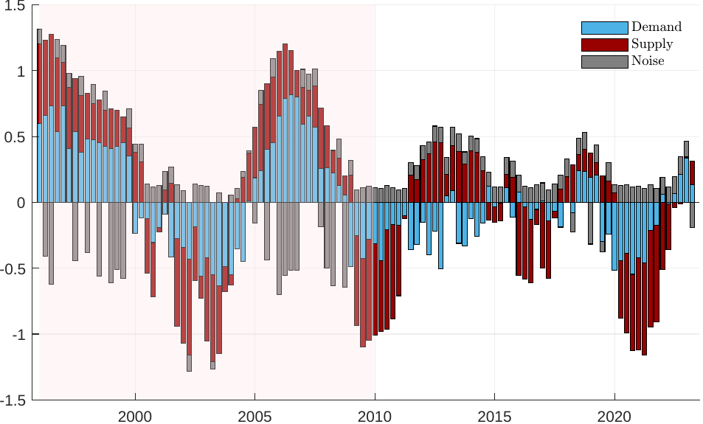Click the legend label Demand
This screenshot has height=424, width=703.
[656, 27]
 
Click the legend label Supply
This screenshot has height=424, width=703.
[652, 44]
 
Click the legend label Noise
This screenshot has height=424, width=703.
[648, 61]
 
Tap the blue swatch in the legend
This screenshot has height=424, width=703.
[604, 27]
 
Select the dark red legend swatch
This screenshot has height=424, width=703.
[604, 44]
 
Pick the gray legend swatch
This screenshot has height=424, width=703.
[604, 61]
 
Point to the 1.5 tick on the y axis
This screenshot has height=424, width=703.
[16, 7]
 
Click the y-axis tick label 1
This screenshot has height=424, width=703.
[21, 72]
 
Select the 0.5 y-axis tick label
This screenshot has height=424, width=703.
[16, 137]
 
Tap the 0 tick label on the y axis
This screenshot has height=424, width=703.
[21, 203]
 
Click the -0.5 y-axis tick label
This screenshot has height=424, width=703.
[14, 268]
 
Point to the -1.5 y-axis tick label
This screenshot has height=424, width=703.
[14, 400]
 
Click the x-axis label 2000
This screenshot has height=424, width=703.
[135, 415]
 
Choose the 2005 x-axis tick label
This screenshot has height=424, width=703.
[254, 415]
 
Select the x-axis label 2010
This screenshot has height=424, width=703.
[375, 415]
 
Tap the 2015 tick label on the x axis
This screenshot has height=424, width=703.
[495, 415]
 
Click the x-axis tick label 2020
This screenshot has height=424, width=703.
[615, 415]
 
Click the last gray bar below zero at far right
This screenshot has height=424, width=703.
[692, 215]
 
